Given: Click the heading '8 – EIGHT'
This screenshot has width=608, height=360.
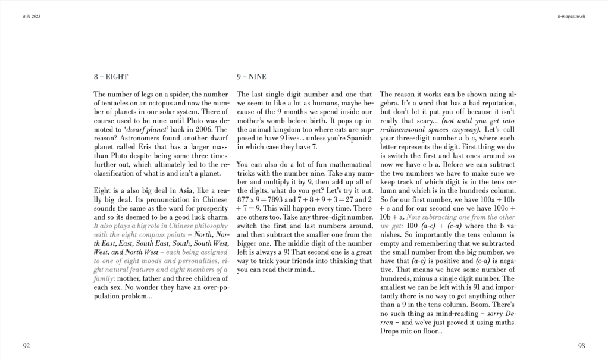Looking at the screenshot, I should (x=111, y=77).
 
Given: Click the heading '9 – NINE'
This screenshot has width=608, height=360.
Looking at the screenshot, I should (x=251, y=77).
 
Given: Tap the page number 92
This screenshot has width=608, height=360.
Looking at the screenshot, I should (x=26, y=345).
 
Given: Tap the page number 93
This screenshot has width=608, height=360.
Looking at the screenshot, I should (x=581, y=345).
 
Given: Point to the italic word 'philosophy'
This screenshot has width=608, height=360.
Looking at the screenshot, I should (x=209, y=227).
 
